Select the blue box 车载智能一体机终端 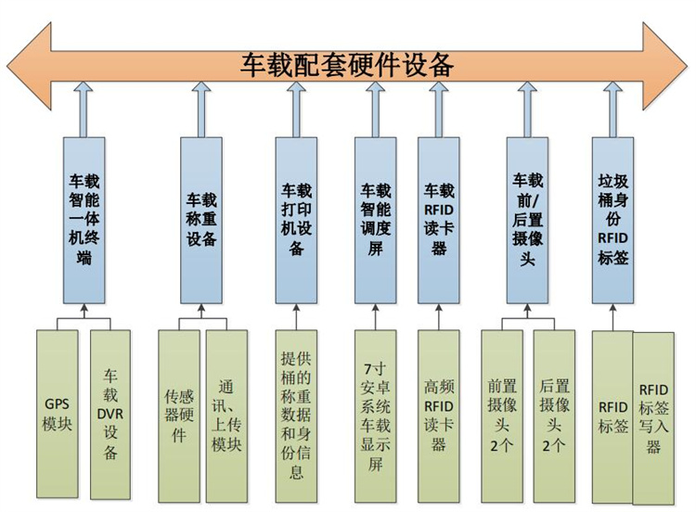[84, 220]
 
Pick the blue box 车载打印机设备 [296, 220]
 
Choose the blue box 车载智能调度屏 [375, 220]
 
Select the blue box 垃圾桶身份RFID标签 [613, 220]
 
